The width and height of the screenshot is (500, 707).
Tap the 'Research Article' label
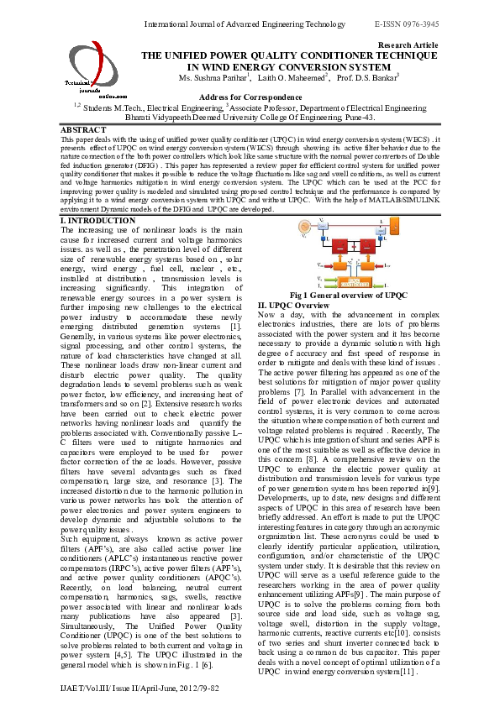tap(408, 44)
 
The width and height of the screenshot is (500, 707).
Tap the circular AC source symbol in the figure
tap(303, 228)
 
